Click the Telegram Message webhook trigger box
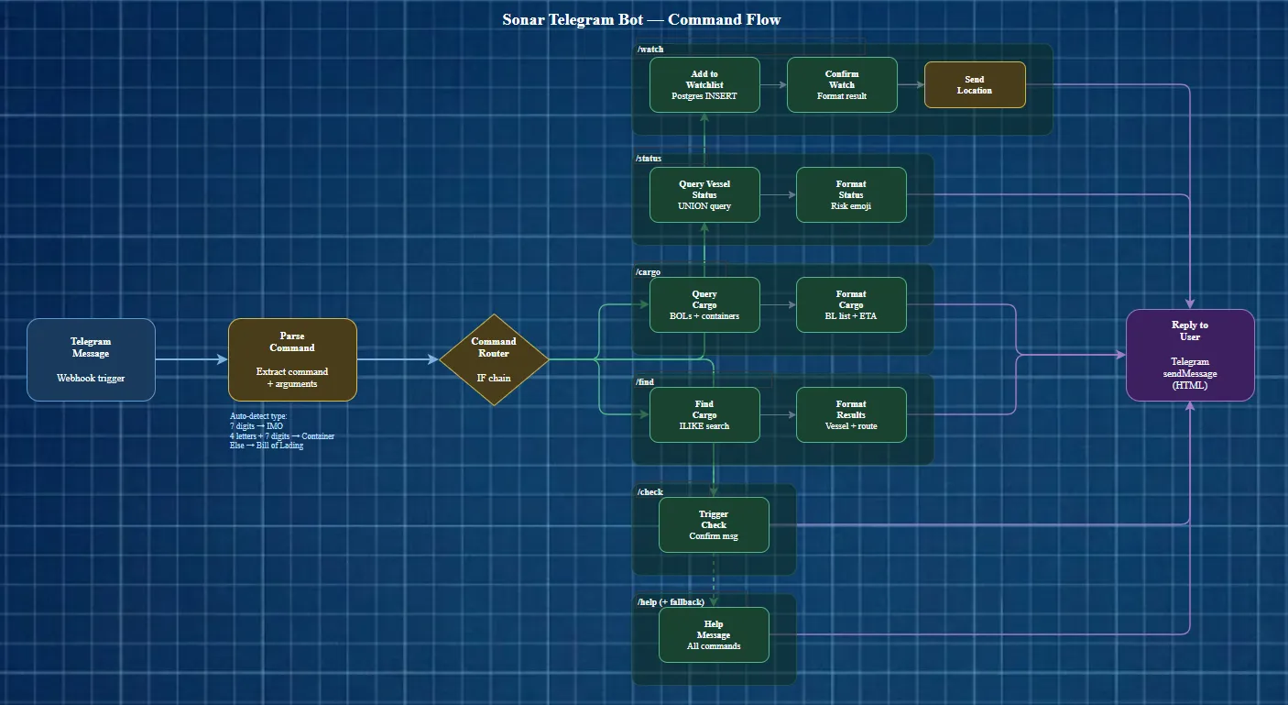tap(91, 359)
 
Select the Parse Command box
tap(292, 359)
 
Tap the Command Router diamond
tap(494, 359)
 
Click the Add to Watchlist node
tap(704, 84)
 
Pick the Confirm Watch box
tap(842, 84)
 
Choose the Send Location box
tap(975, 84)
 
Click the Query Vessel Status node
tap(704, 194)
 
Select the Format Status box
tap(851, 194)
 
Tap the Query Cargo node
tap(704, 304)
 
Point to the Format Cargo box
tap(851, 304)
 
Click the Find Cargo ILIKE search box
tap(704, 414)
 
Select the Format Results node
tap(851, 414)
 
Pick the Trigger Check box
tap(714, 524)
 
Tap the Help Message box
tap(714, 634)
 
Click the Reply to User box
tap(1190, 355)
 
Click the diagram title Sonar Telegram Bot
tap(641, 19)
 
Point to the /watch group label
tap(649, 49)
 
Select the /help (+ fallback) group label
tap(671, 601)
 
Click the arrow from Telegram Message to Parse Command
tap(191, 359)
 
